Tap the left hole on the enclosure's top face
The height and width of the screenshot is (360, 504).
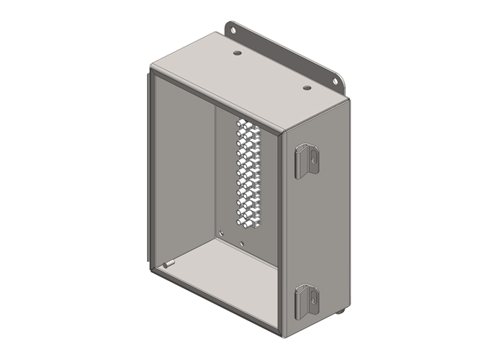(x=238, y=53)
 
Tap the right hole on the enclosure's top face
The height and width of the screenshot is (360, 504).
(x=307, y=88)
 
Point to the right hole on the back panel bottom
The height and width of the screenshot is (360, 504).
(x=243, y=243)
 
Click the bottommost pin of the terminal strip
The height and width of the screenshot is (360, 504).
(x=248, y=227)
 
